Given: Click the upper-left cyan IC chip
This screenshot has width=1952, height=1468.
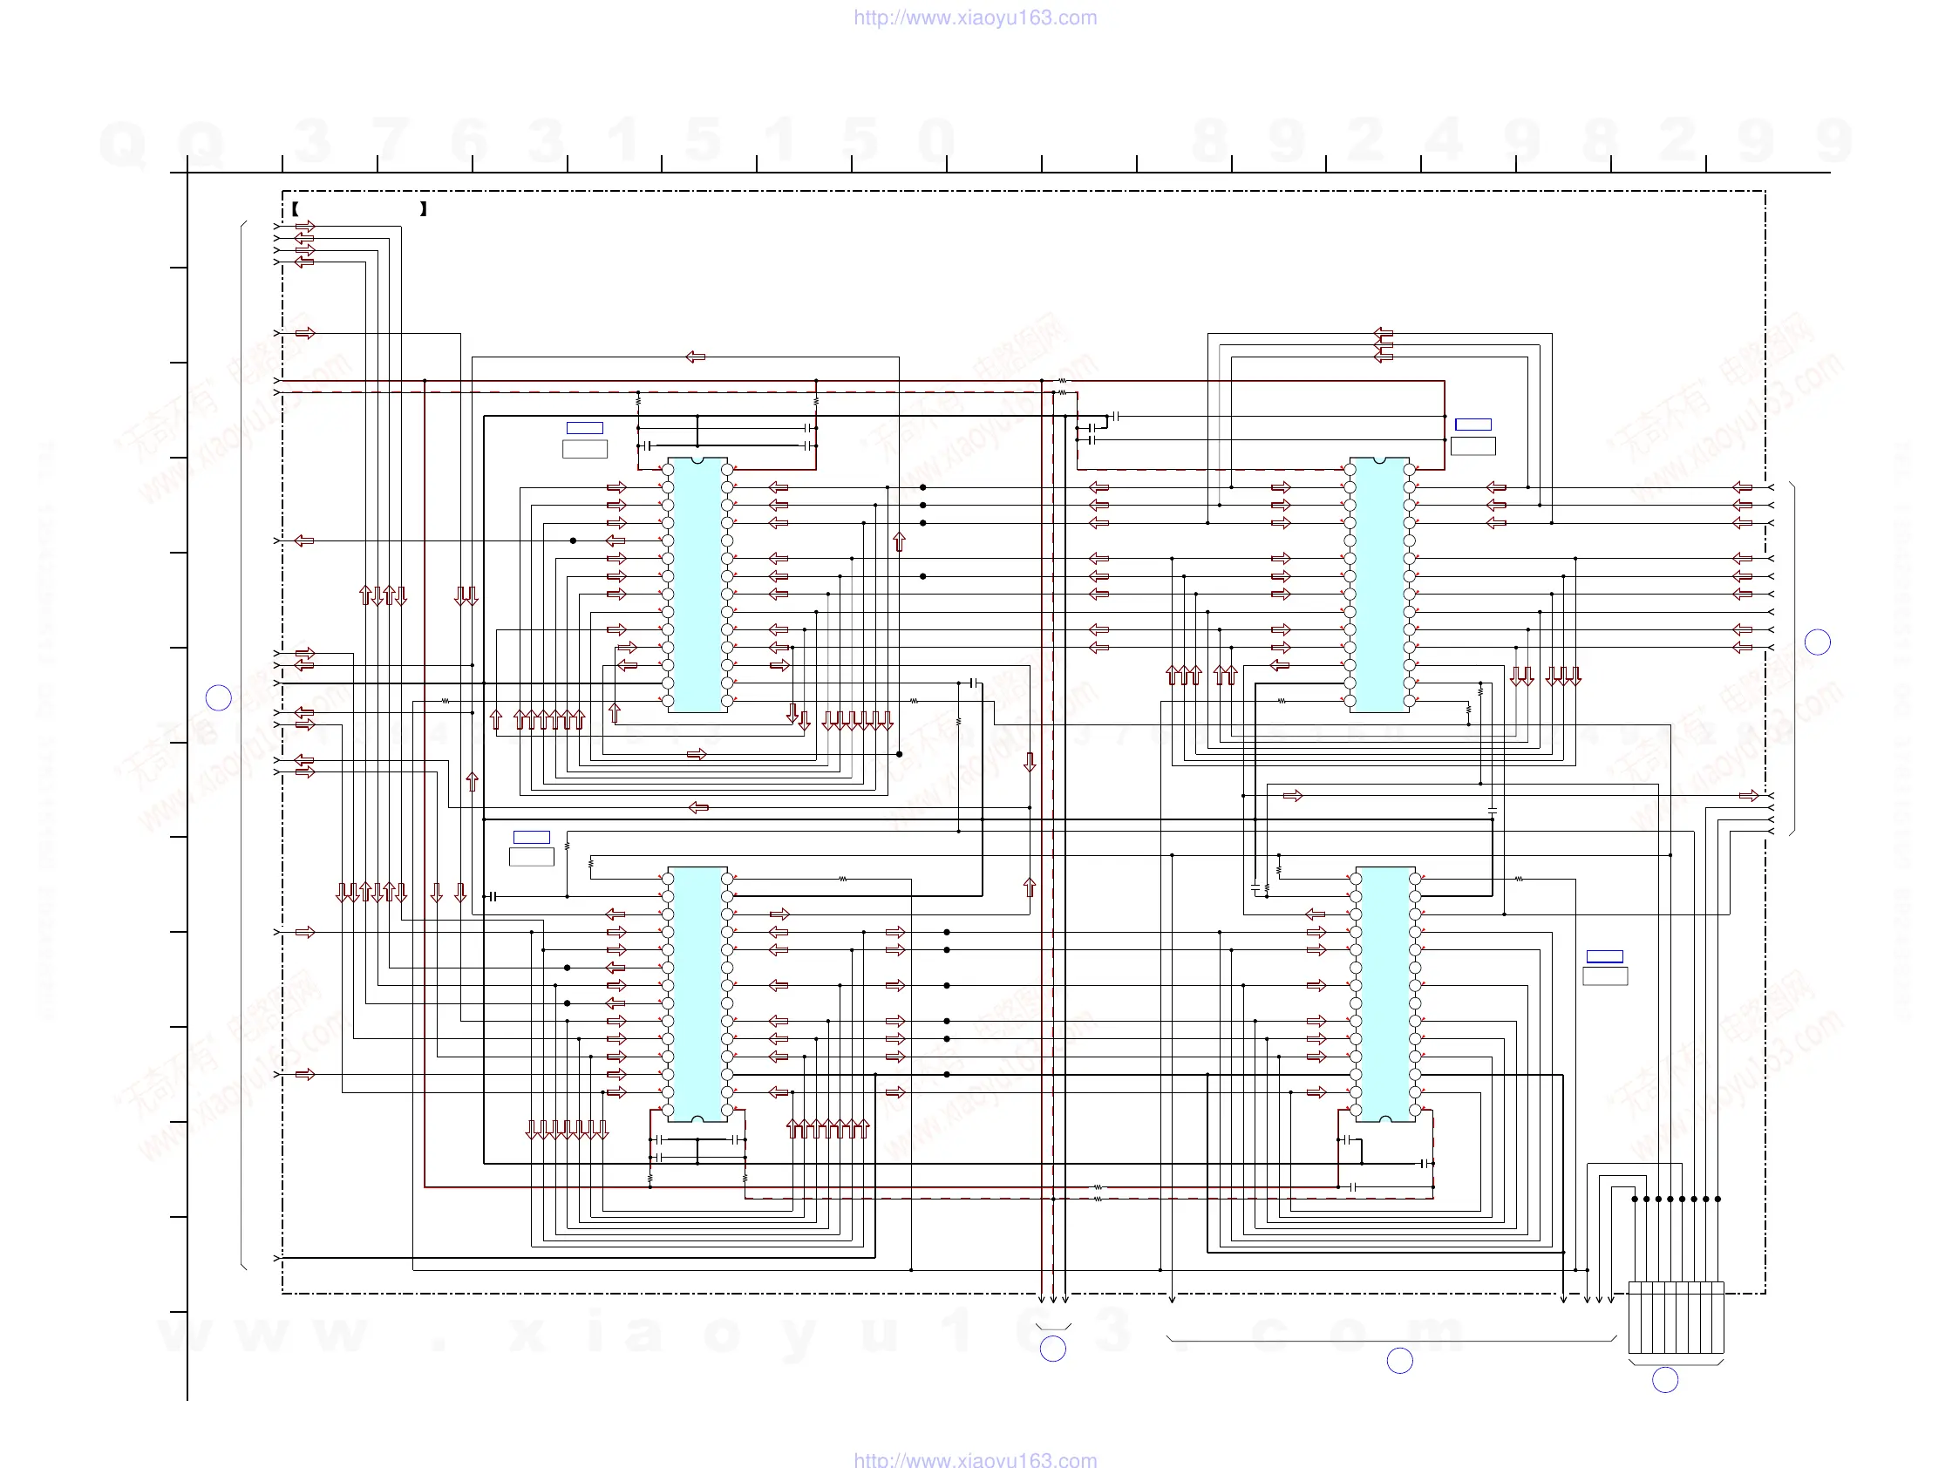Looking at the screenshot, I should (697, 584).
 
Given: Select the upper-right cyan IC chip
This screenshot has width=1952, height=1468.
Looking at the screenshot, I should (1379, 584).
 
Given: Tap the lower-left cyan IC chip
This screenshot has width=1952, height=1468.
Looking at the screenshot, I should (697, 994).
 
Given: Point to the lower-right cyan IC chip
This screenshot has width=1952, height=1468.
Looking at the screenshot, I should (1385, 994).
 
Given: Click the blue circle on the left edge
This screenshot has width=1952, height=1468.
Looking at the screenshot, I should (218, 698).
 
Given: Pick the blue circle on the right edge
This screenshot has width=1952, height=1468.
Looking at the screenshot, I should (1817, 642).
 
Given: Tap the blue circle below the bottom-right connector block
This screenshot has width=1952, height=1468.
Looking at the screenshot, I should (1664, 1380).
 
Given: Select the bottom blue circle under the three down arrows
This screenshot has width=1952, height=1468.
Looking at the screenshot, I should (1053, 1349).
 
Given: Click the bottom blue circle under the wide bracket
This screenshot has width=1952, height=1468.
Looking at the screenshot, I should (1399, 1361).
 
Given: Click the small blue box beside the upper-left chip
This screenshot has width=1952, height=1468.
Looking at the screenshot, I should (584, 428).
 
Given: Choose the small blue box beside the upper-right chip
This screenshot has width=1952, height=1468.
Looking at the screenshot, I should (1473, 425).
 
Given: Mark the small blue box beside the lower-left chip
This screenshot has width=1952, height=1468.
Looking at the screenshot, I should (531, 837).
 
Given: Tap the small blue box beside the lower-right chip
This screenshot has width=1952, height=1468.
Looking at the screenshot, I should (1604, 956).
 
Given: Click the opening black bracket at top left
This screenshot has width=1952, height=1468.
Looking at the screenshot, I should (295, 209).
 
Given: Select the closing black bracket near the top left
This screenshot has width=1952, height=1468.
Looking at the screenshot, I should (424, 209).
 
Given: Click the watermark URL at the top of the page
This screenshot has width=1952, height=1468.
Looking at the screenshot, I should (975, 17).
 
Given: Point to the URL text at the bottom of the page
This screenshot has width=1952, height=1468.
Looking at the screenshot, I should (975, 1460).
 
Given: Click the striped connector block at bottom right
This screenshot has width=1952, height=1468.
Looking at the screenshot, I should (1675, 1317).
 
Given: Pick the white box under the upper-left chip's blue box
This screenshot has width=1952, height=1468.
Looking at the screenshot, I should (584, 448).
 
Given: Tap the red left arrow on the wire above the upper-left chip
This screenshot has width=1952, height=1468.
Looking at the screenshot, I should (696, 357).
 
